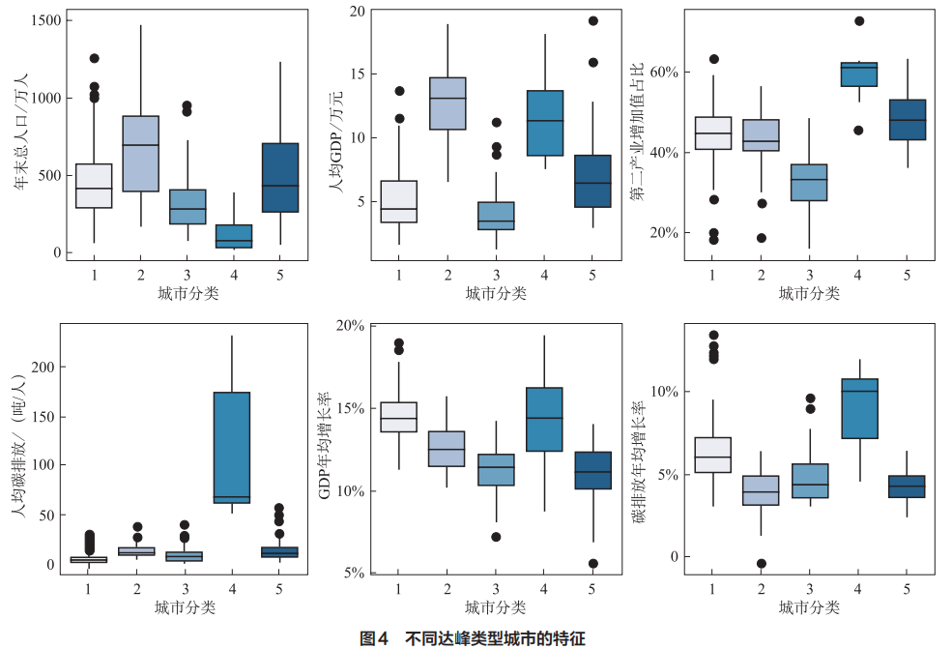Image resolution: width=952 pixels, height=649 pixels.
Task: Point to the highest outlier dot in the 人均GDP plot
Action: tap(592, 20)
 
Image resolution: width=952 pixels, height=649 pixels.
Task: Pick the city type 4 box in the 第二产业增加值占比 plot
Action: tap(858, 74)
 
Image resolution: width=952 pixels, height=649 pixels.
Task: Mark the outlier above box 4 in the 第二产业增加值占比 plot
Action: tap(858, 21)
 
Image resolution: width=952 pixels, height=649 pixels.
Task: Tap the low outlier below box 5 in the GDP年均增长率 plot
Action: tap(592, 564)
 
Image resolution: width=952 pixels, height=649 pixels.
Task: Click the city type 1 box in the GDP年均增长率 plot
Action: tap(398, 417)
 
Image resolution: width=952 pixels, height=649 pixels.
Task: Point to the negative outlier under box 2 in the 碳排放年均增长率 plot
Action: tap(762, 564)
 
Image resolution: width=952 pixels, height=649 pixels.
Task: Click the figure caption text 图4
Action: tap(373, 638)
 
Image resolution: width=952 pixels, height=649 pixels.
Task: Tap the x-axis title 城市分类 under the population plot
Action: tap(187, 293)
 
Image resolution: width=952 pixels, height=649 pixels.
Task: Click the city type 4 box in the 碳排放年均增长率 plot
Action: tap(859, 408)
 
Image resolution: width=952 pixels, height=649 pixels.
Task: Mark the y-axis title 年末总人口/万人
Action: tap(21, 135)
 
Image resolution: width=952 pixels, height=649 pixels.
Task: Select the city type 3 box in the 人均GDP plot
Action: tap(496, 216)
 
